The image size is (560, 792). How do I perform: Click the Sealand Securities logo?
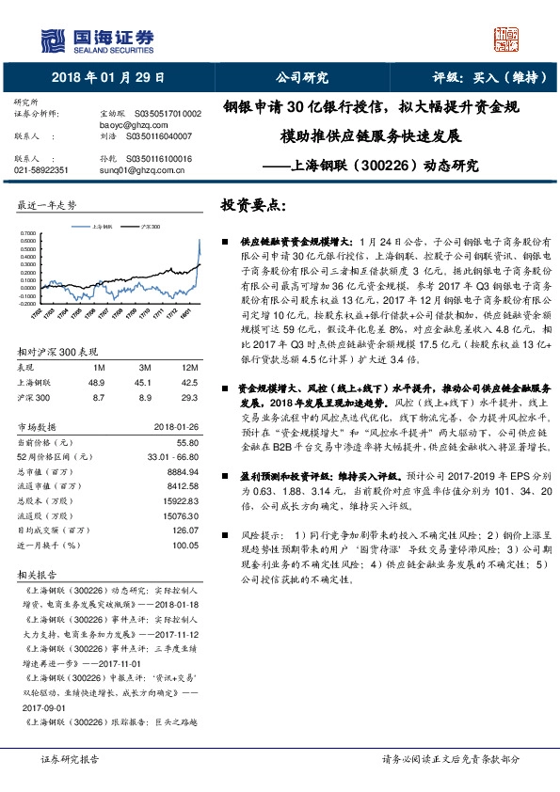coord(94,39)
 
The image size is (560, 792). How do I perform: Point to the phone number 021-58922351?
coord(41,170)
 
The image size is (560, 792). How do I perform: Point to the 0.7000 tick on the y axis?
coord(27,231)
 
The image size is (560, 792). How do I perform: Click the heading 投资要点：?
coord(253,205)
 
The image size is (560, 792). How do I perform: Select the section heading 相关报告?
coord(37,575)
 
